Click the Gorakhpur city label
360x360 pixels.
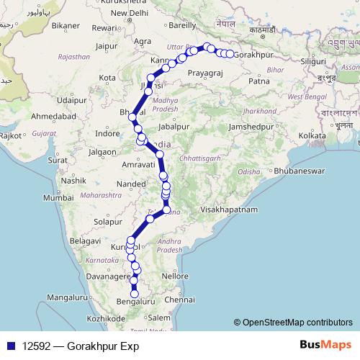pyautogui.click(x=256, y=55)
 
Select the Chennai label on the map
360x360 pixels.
pyautogui.click(x=180, y=299)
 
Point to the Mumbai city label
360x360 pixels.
pyautogui.click(x=57, y=197)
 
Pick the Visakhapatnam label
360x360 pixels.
pyautogui.click(x=229, y=209)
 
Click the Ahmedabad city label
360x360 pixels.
pyautogui.click(x=54, y=116)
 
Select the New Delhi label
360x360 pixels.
pyautogui.click(x=128, y=13)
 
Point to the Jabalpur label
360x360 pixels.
pyautogui.click(x=172, y=126)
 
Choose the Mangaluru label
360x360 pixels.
pyautogui.click(x=68, y=297)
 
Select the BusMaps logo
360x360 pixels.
pyautogui.click(x=325, y=345)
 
